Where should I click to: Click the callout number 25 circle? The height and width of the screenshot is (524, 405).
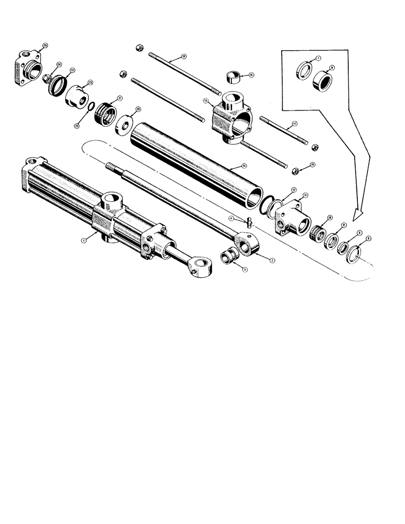[46, 46]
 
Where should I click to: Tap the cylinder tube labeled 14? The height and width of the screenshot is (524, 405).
[194, 163]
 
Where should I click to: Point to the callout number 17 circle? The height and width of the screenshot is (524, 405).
[295, 124]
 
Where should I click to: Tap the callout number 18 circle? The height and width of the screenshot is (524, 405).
[184, 56]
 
